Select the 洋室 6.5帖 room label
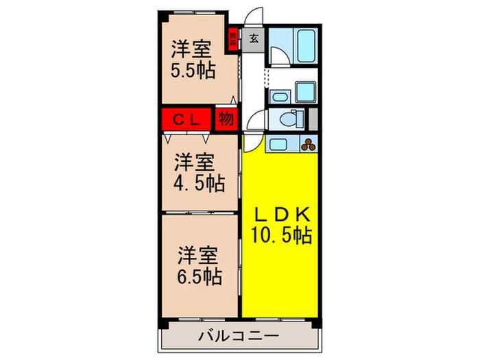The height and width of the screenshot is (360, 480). [197, 265]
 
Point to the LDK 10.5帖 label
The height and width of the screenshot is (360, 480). [281, 225]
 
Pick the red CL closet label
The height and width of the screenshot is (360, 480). [187, 119]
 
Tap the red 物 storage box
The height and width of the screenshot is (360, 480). [225, 119]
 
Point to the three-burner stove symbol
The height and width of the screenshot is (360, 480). [309, 144]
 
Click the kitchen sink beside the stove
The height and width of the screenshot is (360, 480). [277, 144]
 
